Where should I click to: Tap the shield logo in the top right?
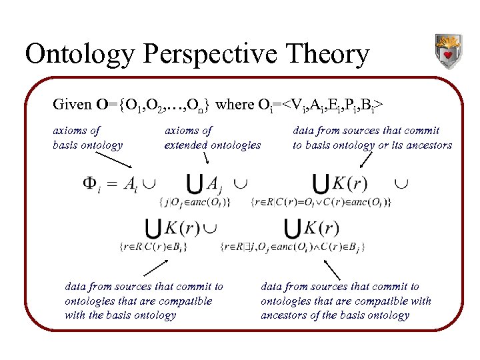coord(447,51)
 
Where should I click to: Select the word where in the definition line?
coord(235,105)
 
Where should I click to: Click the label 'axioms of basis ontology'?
coord(88,138)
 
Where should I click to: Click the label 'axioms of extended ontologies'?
coord(212,138)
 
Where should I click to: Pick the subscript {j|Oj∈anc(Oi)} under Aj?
coord(195,202)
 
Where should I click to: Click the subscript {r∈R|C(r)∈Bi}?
coord(153,247)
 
